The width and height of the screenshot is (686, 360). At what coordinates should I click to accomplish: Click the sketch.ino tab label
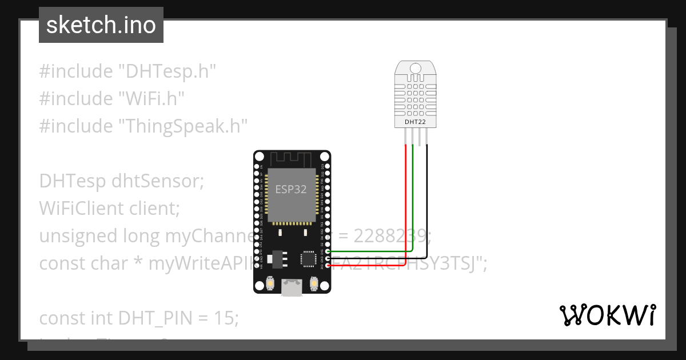[101, 25]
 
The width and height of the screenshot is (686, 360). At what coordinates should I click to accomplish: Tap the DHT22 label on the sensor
[416, 121]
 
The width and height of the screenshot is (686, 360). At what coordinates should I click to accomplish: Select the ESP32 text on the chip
[291, 189]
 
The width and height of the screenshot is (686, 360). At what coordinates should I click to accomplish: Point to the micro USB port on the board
[292, 287]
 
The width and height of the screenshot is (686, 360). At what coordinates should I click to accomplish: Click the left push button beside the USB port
[270, 283]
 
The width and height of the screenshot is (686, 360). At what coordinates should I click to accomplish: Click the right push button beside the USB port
[313, 283]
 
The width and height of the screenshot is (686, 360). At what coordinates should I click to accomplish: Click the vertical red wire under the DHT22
[406, 200]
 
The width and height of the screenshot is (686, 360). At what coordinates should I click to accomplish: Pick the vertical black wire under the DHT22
[426, 200]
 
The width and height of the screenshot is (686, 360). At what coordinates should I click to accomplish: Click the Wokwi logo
[607, 315]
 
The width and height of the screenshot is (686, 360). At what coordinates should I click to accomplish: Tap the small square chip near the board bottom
[309, 258]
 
